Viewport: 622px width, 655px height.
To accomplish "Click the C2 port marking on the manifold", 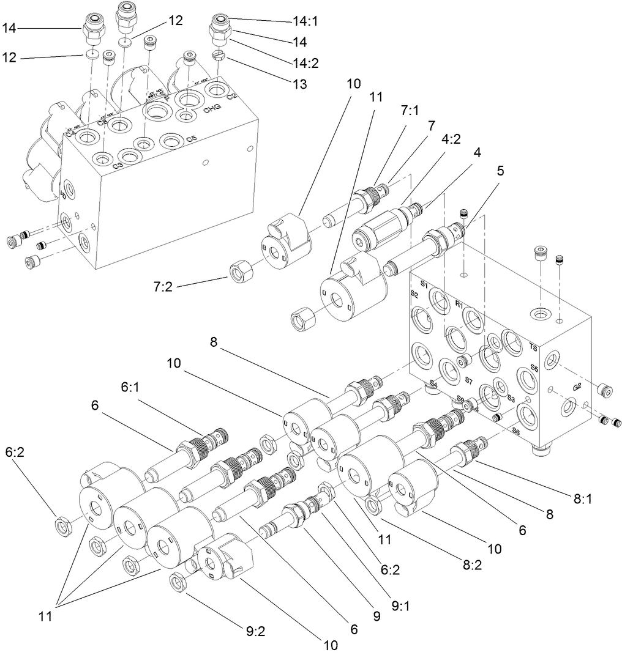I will pos(231,97).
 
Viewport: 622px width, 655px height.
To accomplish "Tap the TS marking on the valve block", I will pos(533,347).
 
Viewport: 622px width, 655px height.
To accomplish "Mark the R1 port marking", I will pos(458,303).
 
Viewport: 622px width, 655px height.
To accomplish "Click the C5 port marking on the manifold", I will pos(191,139).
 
